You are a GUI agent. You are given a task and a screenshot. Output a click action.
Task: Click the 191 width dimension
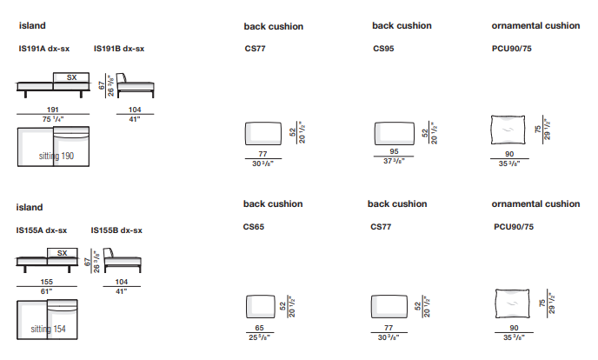(52, 110)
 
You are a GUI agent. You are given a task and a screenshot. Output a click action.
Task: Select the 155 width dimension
(48, 283)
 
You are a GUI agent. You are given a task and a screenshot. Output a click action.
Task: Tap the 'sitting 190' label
(56, 156)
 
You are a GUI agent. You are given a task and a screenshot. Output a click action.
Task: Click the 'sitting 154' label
(48, 330)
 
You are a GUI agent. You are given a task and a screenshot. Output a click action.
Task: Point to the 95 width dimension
(394, 152)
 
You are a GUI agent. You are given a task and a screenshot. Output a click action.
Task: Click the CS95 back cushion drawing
(394, 133)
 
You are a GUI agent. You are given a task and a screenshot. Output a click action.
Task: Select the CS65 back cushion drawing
(260, 306)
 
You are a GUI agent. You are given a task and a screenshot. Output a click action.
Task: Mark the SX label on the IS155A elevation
(62, 253)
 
